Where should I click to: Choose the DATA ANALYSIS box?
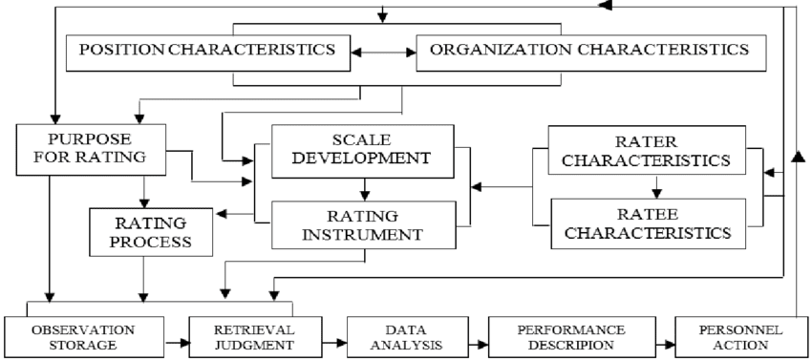pyautogui.click(x=401, y=337)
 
